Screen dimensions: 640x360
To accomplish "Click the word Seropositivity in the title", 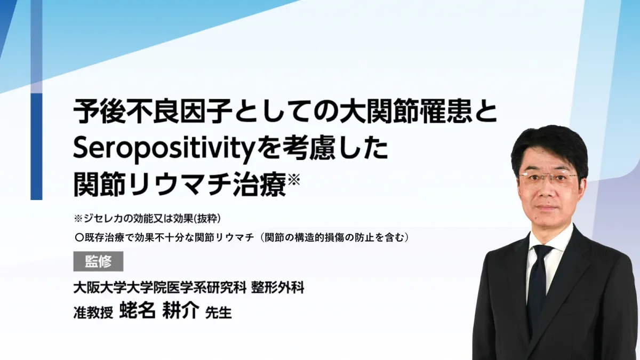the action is click(163, 149).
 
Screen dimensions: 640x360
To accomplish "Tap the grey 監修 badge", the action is click(98, 261).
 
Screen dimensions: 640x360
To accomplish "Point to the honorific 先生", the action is click(218, 313).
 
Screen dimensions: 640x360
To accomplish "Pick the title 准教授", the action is click(93, 313).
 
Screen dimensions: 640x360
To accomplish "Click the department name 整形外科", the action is click(278, 287).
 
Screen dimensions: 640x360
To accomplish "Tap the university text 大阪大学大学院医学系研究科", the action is click(159, 287).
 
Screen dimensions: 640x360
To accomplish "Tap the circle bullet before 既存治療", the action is click(78, 238).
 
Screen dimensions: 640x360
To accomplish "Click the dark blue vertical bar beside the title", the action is click(36, 146).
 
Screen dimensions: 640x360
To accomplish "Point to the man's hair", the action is click(549, 149).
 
